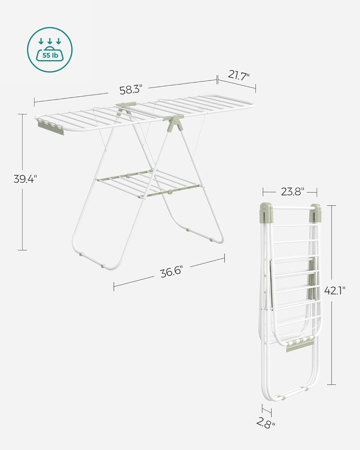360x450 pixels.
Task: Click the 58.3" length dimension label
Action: point(130,90)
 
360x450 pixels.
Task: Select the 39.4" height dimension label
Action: point(25,179)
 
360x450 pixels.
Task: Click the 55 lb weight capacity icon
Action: point(50,50)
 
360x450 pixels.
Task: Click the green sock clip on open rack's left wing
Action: point(51,128)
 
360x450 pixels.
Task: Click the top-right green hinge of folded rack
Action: point(315,212)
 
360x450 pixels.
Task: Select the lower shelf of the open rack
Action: point(148,183)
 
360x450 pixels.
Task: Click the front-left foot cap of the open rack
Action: point(81,253)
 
